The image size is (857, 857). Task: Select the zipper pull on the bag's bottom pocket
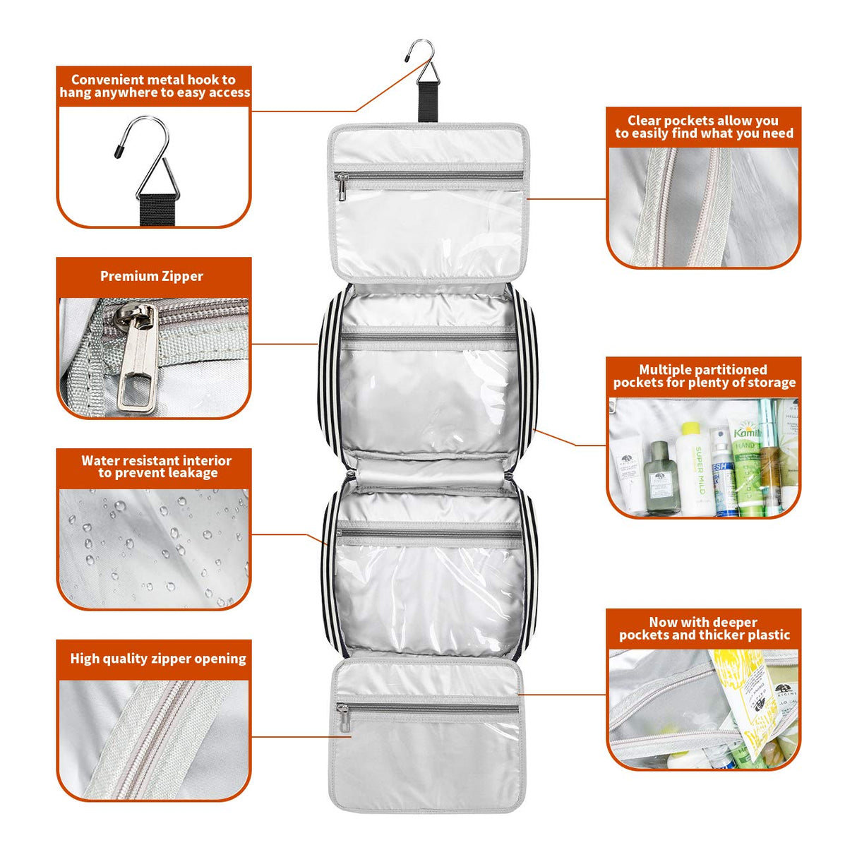pos(344,719)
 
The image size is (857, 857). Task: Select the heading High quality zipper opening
pos(158,659)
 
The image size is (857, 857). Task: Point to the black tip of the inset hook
pos(119,150)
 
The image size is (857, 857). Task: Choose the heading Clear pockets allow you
pos(703,121)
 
